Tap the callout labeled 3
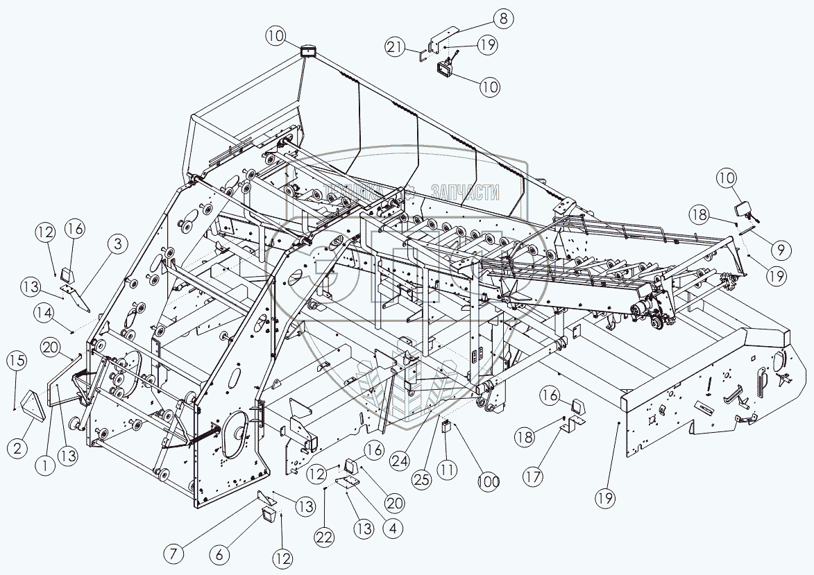pyautogui.click(x=117, y=243)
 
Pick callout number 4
pyautogui.click(x=393, y=528)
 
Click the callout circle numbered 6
pyautogui.click(x=220, y=554)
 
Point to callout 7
pyautogui.click(x=174, y=553)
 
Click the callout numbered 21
pyautogui.click(x=396, y=47)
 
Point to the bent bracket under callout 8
pyautogui.click(x=442, y=40)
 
